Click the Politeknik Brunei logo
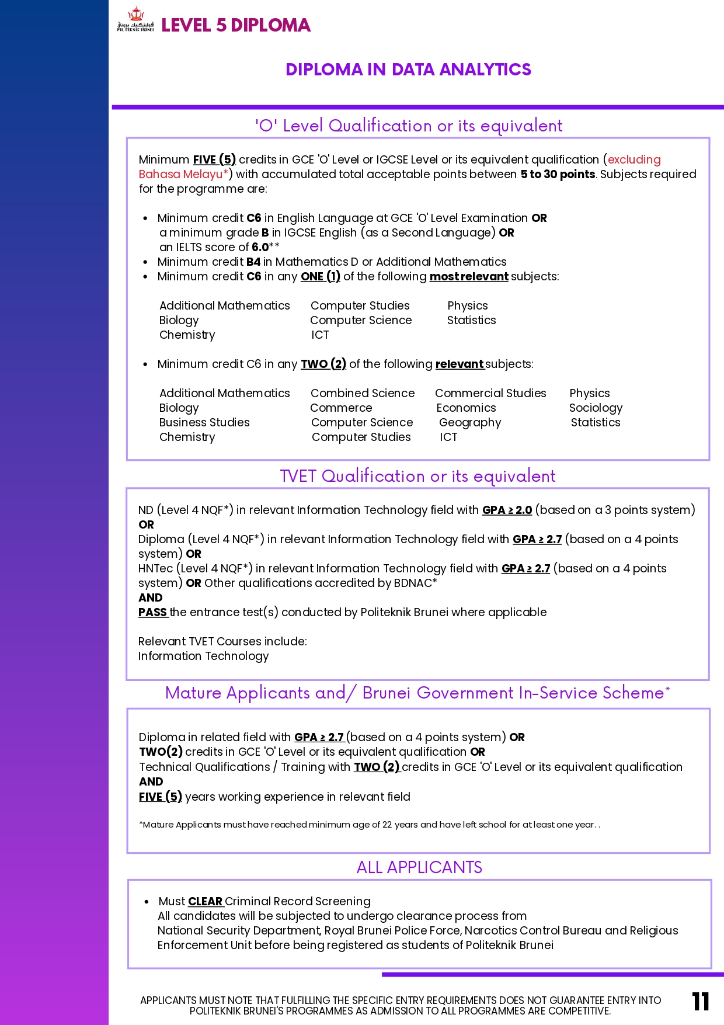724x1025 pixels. [135, 20]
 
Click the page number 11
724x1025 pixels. [700, 1002]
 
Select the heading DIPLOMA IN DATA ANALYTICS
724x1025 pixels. [408, 70]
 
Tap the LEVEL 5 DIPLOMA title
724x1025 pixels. [236, 25]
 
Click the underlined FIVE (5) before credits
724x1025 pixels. [214, 159]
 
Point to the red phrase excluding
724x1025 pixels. [634, 159]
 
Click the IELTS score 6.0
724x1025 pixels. [260, 247]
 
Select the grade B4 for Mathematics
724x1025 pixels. [253, 262]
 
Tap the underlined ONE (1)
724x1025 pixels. [320, 276]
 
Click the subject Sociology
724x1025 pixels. [596, 408]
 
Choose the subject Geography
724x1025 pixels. [470, 422]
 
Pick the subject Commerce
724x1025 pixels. [341, 408]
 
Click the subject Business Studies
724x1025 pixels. [204, 422]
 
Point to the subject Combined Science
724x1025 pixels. [363, 393]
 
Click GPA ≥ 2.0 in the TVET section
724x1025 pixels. [507, 510]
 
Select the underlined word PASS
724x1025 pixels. [152, 612]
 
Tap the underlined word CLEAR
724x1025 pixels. [205, 901]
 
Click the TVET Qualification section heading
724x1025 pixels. [417, 476]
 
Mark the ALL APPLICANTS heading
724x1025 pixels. [419, 867]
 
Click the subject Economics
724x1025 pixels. [466, 408]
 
